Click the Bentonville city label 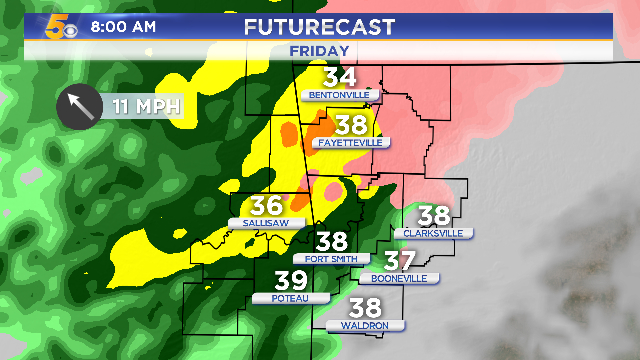pos(339,95)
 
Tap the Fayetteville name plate pos(350,143)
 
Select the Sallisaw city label pos(266,223)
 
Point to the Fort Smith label pos(331,259)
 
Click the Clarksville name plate pos(433,233)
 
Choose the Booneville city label pos(399,279)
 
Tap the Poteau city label pos(290,298)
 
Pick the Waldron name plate pos(365,326)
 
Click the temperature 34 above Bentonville pos(340,77)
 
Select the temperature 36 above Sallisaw pos(267,206)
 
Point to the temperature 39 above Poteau pos(291,281)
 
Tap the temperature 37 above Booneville pos(400,261)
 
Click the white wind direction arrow pos(80,106)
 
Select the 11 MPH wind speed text pos(146,107)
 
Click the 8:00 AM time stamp pos(123,27)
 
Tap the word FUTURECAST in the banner pos(319,27)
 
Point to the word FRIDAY pos(319,51)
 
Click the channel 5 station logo pos(61,27)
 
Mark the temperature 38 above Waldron pos(365,308)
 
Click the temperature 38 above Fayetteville pos(351,125)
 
